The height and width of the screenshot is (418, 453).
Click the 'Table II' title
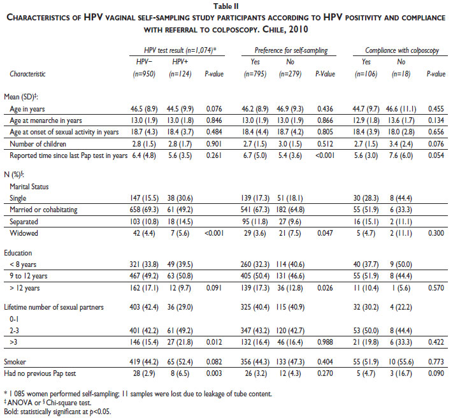(x=226, y=6)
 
